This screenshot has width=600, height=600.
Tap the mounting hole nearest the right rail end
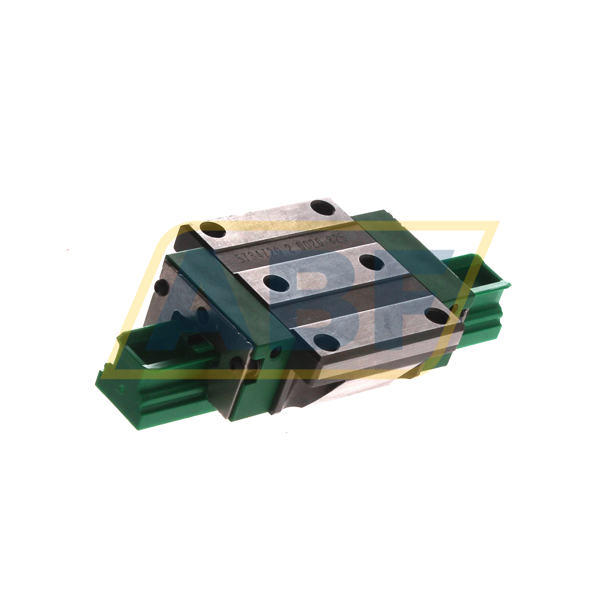click(x=438, y=316)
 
